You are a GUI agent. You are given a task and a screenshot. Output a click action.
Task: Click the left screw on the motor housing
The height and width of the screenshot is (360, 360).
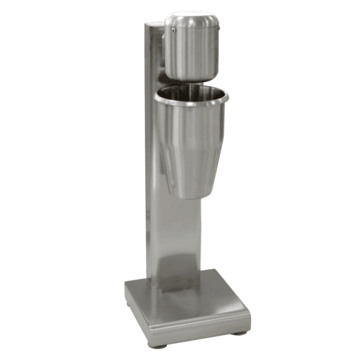tap(174, 30)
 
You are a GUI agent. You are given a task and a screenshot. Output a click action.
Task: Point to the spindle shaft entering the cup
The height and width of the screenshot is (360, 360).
tap(191, 87)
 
